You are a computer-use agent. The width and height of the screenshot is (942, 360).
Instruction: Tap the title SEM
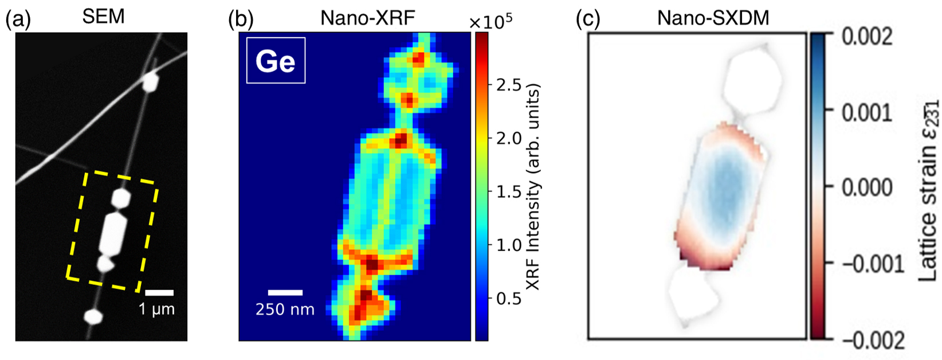click(103, 17)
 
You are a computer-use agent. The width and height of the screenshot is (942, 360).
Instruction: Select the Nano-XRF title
click(367, 18)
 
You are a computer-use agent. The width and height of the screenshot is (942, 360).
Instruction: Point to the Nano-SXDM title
click(713, 18)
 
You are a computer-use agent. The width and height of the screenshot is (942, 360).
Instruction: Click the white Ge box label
click(276, 61)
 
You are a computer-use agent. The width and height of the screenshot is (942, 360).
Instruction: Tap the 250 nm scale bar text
click(285, 310)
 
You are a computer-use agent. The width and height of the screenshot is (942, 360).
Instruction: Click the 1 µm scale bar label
click(156, 310)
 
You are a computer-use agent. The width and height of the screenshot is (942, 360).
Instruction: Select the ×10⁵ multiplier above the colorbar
click(490, 21)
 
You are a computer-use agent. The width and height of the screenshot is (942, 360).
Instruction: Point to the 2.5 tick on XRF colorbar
click(508, 85)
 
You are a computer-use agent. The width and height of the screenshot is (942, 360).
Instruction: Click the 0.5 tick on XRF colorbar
click(508, 299)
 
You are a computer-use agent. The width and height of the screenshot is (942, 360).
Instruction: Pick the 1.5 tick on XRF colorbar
click(508, 192)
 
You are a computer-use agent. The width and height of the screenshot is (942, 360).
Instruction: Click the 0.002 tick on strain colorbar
click(867, 37)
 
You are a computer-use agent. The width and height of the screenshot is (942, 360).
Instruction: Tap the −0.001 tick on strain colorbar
click(872, 264)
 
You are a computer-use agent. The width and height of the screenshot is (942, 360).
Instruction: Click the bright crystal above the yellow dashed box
click(150, 82)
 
